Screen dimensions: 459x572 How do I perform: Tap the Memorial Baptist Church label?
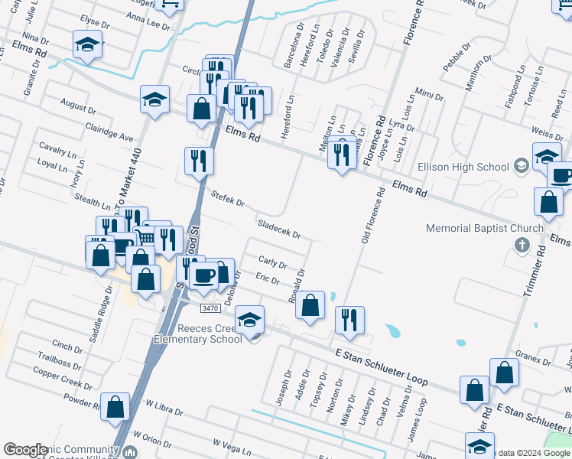485,228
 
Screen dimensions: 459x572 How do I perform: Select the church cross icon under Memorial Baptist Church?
522,245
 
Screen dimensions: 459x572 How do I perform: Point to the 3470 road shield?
211,308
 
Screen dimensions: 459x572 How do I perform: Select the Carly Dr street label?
272,263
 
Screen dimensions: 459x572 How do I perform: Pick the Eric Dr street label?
268,279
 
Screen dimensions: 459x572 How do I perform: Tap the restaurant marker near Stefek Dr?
199,161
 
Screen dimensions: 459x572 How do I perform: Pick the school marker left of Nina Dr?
87,44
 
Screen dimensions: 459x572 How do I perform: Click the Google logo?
25,450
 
